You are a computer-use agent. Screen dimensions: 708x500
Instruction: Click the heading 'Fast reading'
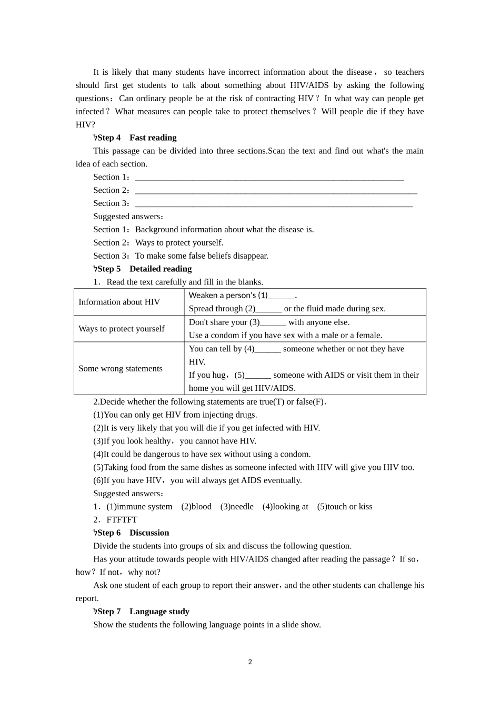point(153,137)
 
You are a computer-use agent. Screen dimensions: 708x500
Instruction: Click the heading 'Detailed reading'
point(161,269)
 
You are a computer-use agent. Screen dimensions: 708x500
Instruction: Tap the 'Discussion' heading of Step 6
point(149,533)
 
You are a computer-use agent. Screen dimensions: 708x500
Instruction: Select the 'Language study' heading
point(159,611)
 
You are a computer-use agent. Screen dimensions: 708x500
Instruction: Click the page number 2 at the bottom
point(250,662)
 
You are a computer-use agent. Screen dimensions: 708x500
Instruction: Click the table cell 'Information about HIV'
point(119,302)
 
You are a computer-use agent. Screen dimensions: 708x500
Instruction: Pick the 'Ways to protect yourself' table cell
point(121,329)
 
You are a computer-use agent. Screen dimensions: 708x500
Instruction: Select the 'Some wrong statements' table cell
point(120,368)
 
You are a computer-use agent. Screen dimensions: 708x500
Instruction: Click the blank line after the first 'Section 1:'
point(269,178)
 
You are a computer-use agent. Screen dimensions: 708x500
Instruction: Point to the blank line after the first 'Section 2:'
point(276,191)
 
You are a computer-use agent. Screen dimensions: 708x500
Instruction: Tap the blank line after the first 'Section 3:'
point(274,204)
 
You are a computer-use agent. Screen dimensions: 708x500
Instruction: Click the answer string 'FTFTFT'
point(122,519)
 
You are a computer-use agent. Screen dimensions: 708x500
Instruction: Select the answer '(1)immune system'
point(139,506)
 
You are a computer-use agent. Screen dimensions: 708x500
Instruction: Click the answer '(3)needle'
point(237,506)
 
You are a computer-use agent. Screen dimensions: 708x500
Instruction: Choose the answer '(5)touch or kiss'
point(345,506)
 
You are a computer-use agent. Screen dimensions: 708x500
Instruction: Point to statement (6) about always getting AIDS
point(197,480)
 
